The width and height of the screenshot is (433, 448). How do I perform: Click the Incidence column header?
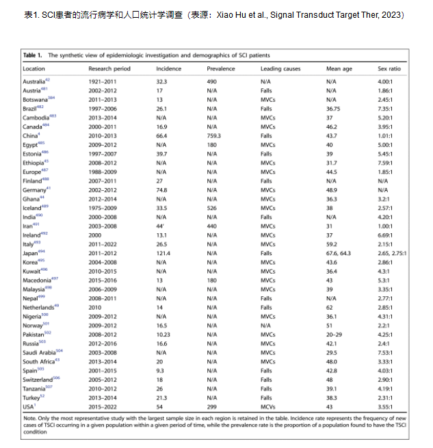(x=168, y=69)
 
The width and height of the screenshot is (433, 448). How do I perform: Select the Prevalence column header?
(x=220, y=69)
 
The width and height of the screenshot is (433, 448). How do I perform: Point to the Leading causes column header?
(x=280, y=69)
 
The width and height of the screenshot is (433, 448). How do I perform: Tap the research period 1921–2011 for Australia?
(x=103, y=81)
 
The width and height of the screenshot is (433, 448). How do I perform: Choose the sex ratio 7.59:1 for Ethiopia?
(x=386, y=163)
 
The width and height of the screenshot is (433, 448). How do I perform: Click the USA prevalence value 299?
(x=211, y=405)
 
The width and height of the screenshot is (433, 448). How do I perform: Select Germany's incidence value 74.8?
(x=162, y=189)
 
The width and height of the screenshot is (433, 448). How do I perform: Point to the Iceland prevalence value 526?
(x=211, y=207)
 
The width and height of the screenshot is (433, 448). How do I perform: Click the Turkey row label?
(x=32, y=397)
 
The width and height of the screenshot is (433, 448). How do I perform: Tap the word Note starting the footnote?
(x=30, y=417)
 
